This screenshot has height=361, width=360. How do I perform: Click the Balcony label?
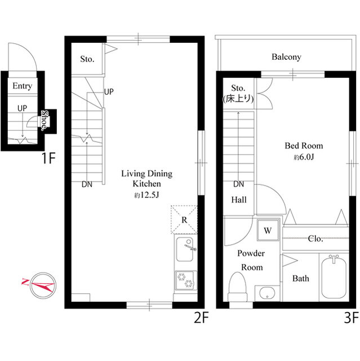pos(286,57)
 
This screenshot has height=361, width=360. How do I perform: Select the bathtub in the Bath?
pos(334,278)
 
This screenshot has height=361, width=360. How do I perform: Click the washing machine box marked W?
pos(268,230)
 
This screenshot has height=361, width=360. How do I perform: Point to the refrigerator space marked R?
pos(184,219)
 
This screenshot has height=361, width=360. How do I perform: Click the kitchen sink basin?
pos(184,249)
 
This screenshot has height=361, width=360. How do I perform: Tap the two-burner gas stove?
pos(185,280)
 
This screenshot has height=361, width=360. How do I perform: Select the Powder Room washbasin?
pos(267,293)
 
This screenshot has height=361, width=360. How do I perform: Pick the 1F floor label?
pos(48,158)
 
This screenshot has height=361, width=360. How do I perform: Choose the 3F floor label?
pos(351,317)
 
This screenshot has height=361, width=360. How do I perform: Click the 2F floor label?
pos(201,317)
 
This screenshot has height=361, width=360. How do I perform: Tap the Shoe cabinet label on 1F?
pos(45,120)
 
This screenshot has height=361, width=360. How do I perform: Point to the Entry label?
pos(22,86)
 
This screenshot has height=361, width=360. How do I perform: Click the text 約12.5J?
pos(146,195)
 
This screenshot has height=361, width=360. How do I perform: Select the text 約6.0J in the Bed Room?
pos(304,157)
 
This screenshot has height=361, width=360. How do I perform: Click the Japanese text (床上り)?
pos(238,99)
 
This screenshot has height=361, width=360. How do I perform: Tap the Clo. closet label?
pos(315,239)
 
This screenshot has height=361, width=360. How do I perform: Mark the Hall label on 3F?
pos(239,200)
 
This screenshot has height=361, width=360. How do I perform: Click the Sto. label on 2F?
pos(87,59)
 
